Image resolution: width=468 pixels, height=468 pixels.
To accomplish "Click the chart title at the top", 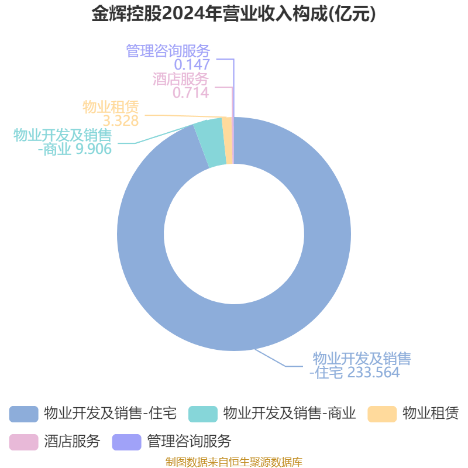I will pyautogui.click(x=234, y=14).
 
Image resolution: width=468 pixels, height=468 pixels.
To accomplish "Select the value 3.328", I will pyautogui.click(x=121, y=121).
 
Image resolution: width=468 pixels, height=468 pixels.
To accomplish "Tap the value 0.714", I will pyautogui.click(x=190, y=92).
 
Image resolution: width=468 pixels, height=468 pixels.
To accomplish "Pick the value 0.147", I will pyautogui.click(x=192, y=64).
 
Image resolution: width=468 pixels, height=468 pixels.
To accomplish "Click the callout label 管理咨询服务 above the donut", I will pyautogui.click(x=168, y=51).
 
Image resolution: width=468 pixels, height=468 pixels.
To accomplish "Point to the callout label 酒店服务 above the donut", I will pyautogui.click(x=181, y=79).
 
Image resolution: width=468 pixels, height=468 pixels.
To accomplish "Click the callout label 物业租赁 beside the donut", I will pyautogui.click(x=111, y=108).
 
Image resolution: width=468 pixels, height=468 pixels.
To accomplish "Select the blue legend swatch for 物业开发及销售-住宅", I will pyautogui.click(x=23, y=414).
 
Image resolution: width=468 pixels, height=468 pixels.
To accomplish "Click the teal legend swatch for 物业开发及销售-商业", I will pyautogui.click(x=203, y=414).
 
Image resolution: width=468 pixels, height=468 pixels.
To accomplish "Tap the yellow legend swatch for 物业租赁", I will pyautogui.click(x=382, y=414).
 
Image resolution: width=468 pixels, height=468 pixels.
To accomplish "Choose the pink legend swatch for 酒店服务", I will pyautogui.click(x=23, y=442).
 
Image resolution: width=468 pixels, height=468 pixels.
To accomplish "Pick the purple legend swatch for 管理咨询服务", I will pyautogui.click(x=126, y=442).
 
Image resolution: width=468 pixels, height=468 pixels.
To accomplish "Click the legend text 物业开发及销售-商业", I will pyautogui.click(x=289, y=414).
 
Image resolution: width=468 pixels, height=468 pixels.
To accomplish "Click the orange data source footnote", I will pyautogui.click(x=234, y=462).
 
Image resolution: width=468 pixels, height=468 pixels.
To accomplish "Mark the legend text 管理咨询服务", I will pyautogui.click(x=189, y=442).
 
